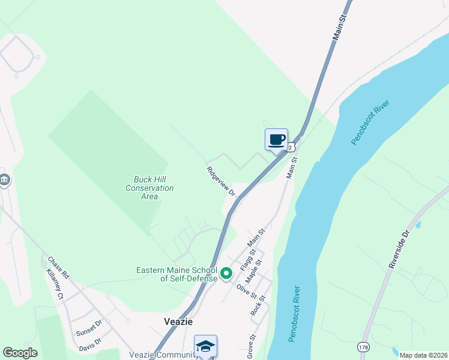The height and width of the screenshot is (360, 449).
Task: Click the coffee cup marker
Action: (x=276, y=140)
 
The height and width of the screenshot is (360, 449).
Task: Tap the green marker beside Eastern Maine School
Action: (x=226, y=274)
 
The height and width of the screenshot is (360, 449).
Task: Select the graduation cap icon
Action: (x=205, y=346)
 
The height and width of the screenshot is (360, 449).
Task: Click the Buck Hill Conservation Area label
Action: (x=149, y=188)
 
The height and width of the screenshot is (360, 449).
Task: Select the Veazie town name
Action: (x=178, y=322)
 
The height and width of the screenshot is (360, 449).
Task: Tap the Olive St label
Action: (x=246, y=292)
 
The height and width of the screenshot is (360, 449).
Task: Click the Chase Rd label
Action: (x=59, y=268)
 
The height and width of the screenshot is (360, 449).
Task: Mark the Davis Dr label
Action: (x=90, y=344)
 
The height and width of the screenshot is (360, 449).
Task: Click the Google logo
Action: (x=20, y=353)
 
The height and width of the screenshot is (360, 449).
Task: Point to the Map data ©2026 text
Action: (x=423, y=355)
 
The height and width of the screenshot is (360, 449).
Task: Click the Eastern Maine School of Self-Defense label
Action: (x=176, y=274)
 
